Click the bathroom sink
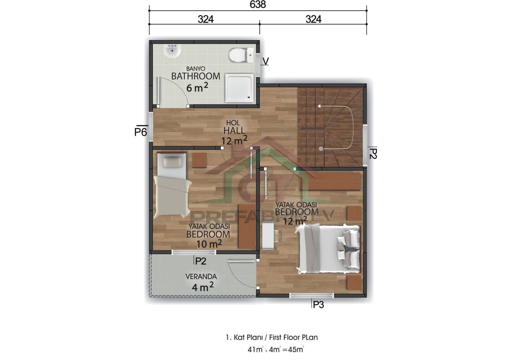pyautogui.click(x=172, y=51)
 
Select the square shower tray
pyautogui.click(x=239, y=87)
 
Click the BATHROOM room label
pyautogui.click(x=196, y=76)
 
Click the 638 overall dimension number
pyautogui.click(x=258, y=5)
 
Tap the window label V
pyautogui.click(x=266, y=61)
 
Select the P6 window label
pyautogui.click(x=141, y=132)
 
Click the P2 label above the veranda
pyautogui.click(x=201, y=261)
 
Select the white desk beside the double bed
pyautogui.click(x=268, y=236)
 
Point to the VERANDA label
pyautogui.click(x=201, y=277)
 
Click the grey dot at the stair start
pyautogui.click(x=321, y=148)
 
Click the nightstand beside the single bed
pyautogui.click(x=199, y=160)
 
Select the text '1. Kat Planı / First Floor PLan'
pyautogui.click(x=272, y=337)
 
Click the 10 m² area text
pyautogui.click(x=209, y=244)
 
